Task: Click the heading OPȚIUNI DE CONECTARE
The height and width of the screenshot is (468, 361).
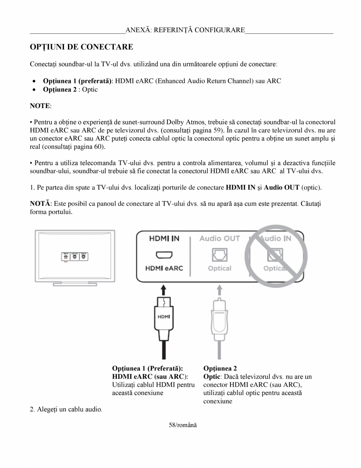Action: [82, 47]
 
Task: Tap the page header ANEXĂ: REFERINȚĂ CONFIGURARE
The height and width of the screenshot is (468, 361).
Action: [185, 30]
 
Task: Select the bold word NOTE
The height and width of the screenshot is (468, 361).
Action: [40, 106]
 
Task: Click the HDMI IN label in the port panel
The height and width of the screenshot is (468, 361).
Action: [163, 238]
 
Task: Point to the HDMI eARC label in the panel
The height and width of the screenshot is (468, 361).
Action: [163, 268]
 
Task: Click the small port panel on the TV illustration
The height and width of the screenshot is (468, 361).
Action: [75, 256]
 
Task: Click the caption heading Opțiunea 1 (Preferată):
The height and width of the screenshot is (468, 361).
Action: [147, 369]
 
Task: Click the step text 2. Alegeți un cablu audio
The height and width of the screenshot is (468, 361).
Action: [66, 410]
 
